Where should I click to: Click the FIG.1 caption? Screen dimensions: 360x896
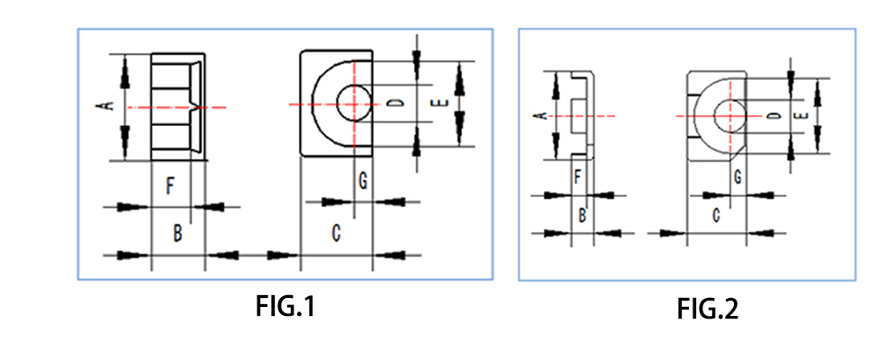point(284,307)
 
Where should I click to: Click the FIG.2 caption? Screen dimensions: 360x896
point(707,310)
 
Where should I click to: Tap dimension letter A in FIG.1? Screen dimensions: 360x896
point(108,105)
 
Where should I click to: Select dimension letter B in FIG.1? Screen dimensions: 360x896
point(178,234)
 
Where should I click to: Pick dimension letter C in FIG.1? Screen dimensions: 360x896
point(335,234)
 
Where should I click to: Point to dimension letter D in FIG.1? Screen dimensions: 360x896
point(395,103)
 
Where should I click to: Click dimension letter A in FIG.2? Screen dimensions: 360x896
point(539,115)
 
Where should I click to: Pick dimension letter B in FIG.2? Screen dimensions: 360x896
point(583,215)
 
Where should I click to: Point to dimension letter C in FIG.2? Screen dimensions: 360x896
point(716,215)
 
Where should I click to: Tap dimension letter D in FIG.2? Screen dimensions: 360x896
point(775,115)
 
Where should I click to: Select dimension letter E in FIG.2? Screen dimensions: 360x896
point(801,115)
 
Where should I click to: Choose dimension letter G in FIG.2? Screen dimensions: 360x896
point(738,176)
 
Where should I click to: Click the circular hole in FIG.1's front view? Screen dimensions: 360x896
point(354,103)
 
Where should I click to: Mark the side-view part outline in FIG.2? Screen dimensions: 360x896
point(581,115)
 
